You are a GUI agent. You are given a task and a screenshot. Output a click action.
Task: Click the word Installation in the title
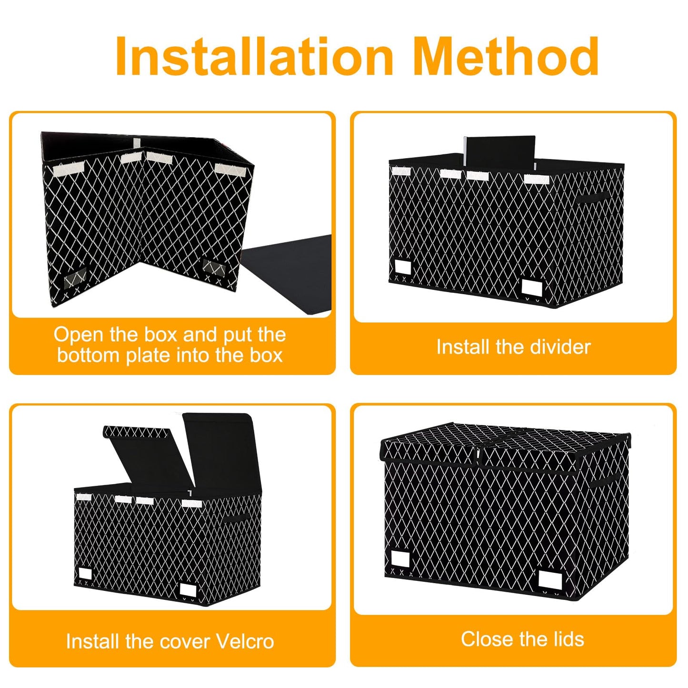[x=254, y=56]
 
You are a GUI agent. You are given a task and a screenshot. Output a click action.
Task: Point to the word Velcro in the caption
[x=245, y=642]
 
